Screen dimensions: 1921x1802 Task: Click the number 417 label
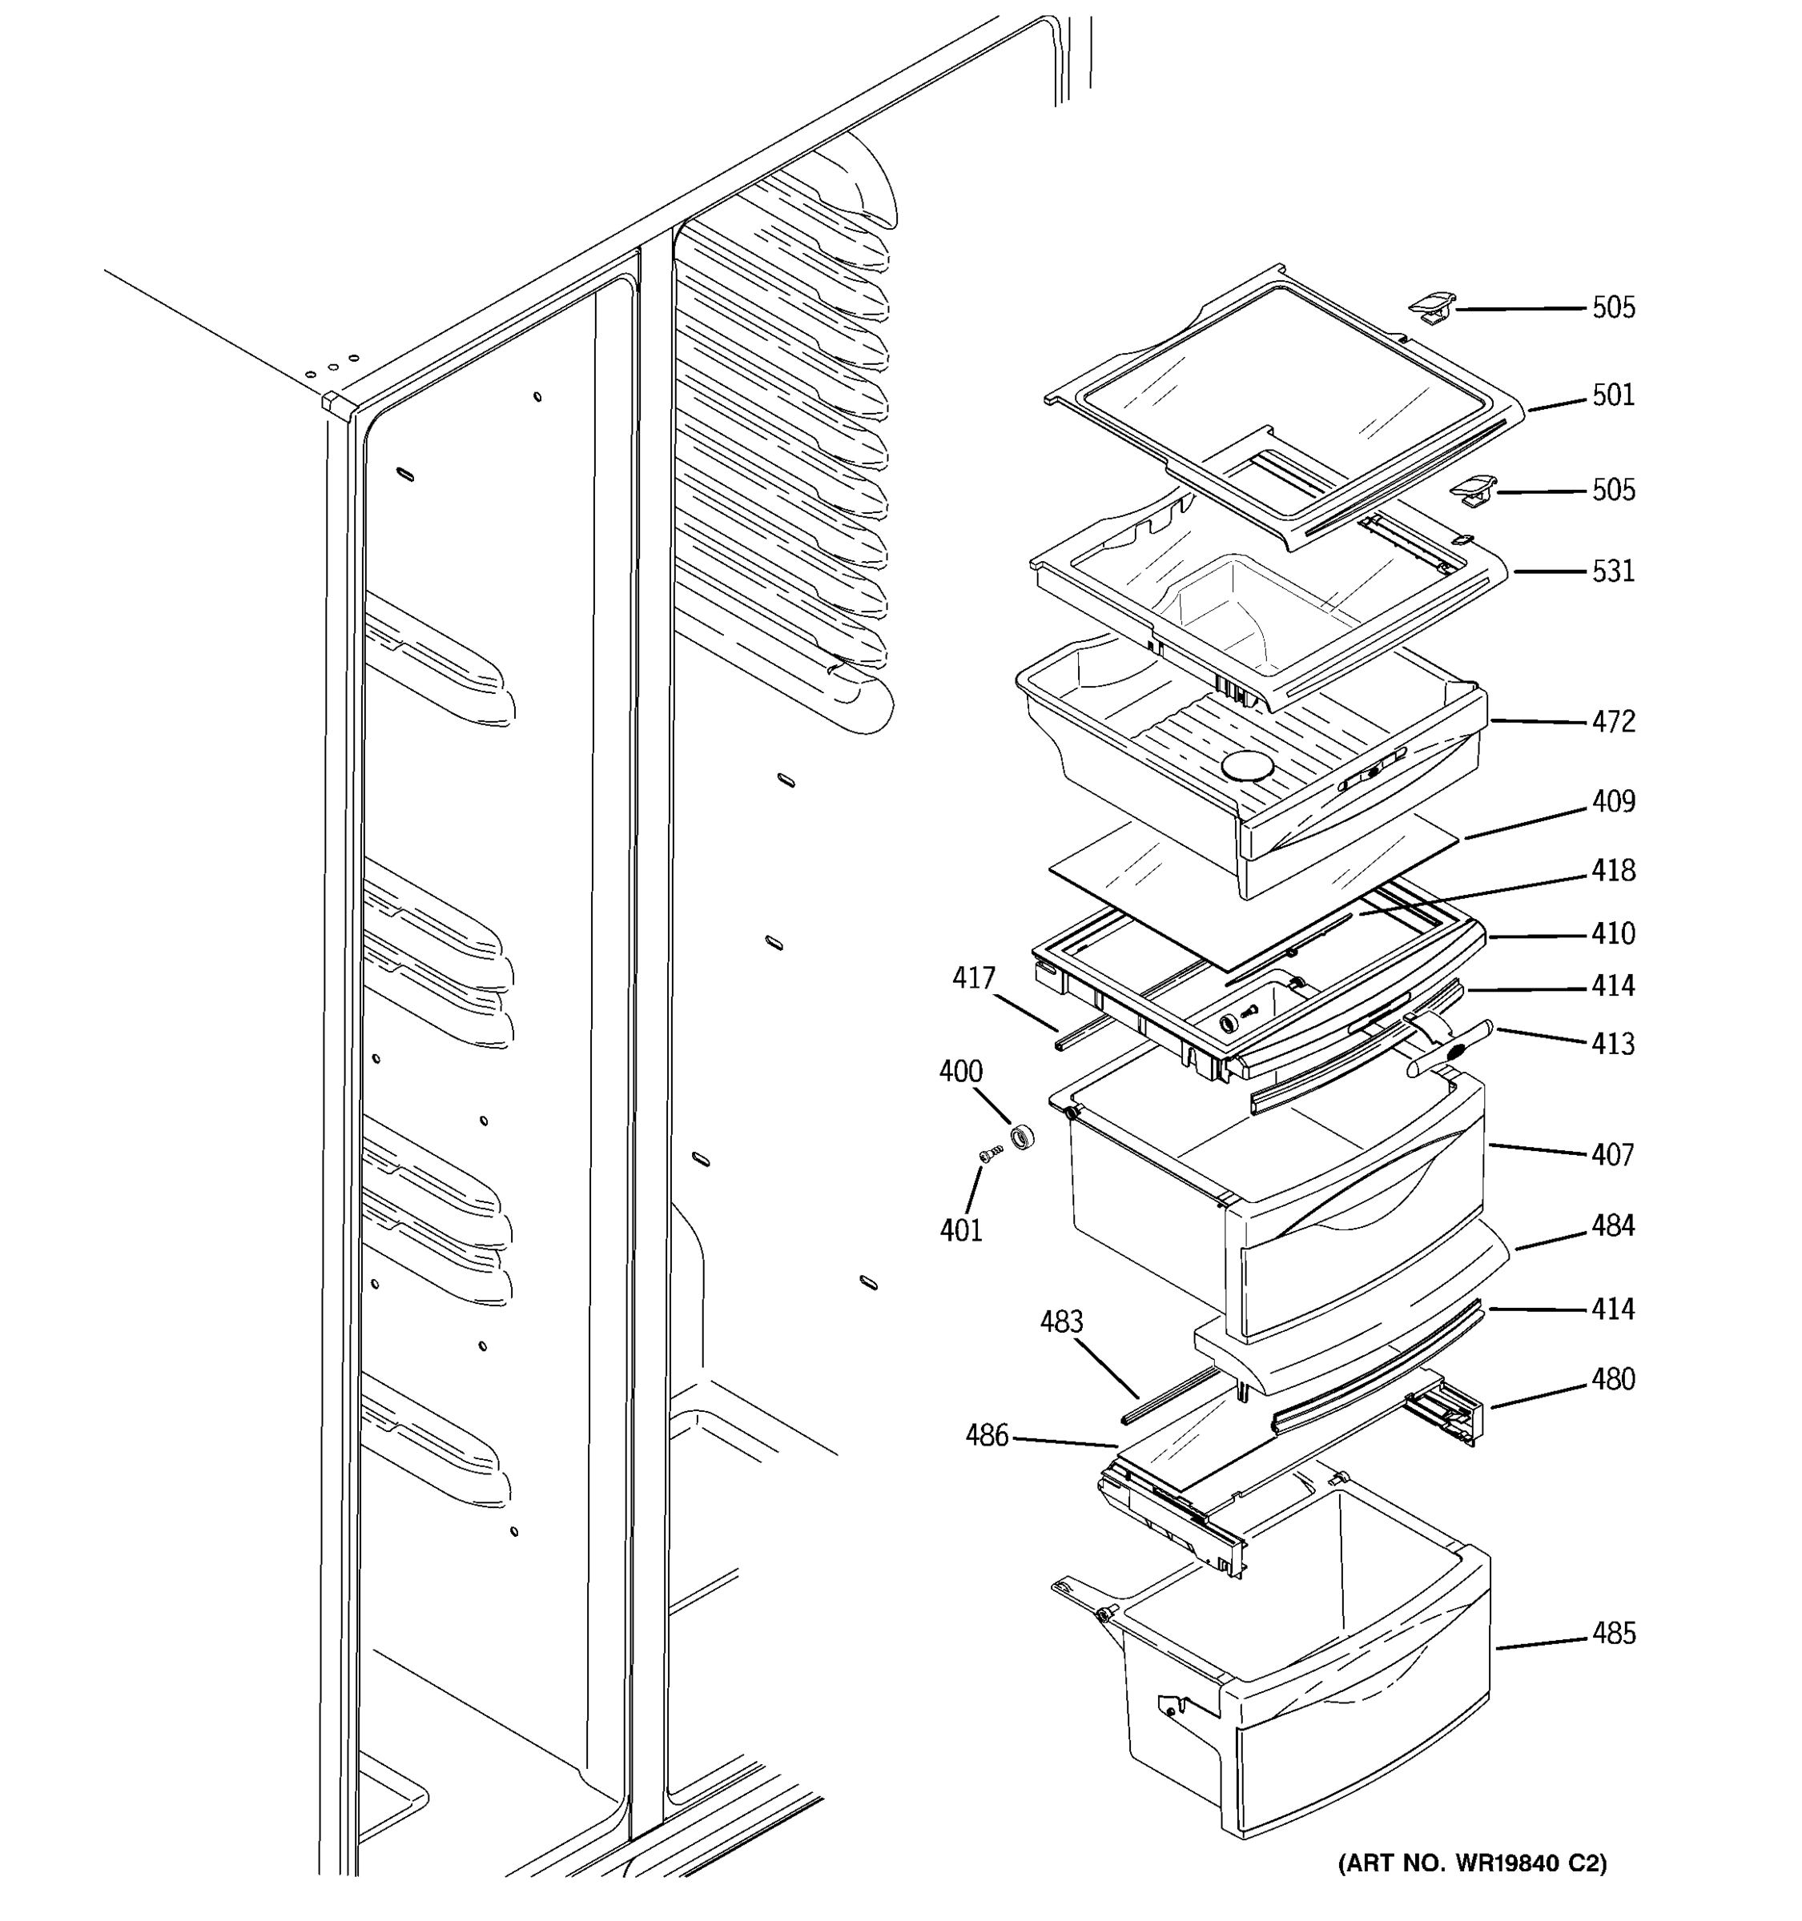tap(974, 979)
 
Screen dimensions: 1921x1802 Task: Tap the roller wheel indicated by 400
tap(1022, 1137)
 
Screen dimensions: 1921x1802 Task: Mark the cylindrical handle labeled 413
tap(1450, 1046)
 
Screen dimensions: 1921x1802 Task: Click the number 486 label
tap(986, 1436)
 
